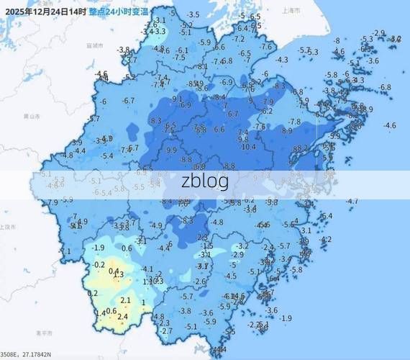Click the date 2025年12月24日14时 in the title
(x=45, y=12)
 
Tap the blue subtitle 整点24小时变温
(x=119, y=12)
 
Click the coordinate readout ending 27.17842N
(x=36, y=354)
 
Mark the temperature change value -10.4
(x=248, y=146)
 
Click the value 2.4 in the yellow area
(x=122, y=316)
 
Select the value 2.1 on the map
(x=125, y=300)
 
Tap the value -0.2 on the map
(x=99, y=264)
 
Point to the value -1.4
(x=101, y=312)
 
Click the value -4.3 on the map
(x=282, y=60)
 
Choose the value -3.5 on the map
(x=193, y=14)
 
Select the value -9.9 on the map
(x=171, y=150)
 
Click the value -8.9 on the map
(x=287, y=131)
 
